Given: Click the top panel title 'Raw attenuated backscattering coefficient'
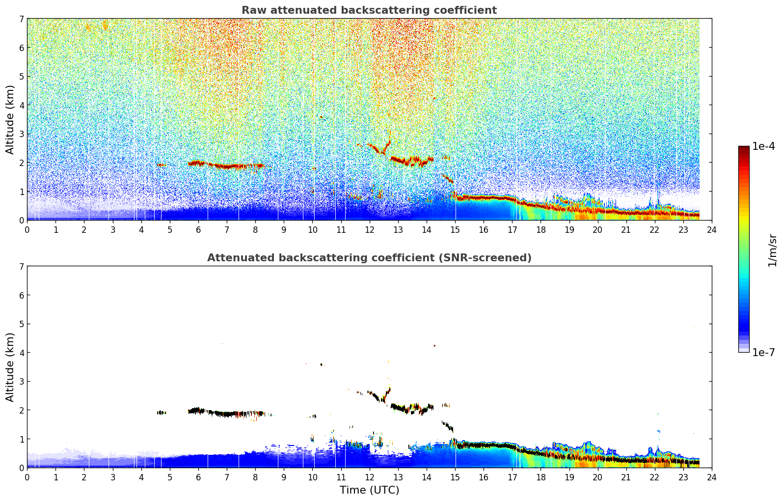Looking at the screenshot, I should [369, 10].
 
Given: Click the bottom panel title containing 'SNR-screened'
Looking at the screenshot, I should [369, 258].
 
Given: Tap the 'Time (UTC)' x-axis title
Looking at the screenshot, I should [369, 490].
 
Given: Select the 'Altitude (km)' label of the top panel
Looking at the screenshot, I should [10, 119].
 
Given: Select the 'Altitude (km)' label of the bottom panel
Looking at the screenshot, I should [10, 367].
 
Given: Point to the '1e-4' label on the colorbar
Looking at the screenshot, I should [763, 146].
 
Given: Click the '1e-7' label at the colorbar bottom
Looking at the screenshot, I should [763, 352].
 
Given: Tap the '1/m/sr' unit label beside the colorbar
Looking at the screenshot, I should [773, 250].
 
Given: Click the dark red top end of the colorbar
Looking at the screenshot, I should [744, 148].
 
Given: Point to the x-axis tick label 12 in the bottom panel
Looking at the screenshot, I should [369, 477].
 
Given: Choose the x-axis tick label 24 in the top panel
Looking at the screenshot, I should [712, 229].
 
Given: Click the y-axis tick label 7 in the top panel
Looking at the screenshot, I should [22, 19].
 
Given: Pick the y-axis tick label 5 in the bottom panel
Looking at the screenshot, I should [22, 324].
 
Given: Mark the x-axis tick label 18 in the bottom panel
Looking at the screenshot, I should [540, 477].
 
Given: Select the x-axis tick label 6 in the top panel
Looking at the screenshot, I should [198, 229].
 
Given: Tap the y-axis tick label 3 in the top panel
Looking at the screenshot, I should [22, 134].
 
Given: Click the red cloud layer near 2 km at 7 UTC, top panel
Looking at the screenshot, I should [227, 167].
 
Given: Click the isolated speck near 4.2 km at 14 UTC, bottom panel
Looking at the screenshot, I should [434, 346].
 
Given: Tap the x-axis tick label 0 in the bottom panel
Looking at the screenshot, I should [27, 477].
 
